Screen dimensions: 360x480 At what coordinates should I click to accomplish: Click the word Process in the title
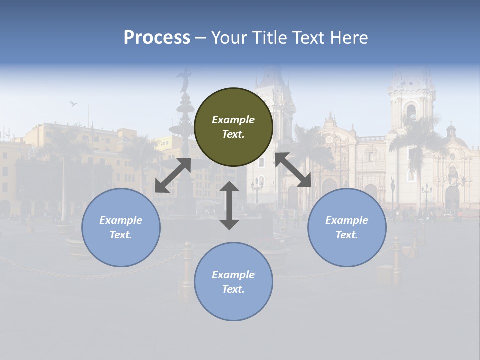click(157, 38)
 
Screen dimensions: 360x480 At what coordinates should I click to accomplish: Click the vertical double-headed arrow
click(229, 205)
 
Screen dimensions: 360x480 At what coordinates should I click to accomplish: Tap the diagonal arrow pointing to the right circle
click(293, 170)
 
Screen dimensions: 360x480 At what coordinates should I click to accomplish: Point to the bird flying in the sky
click(73, 103)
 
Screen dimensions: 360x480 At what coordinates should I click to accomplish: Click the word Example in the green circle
click(233, 120)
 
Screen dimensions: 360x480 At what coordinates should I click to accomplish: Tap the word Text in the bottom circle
click(233, 289)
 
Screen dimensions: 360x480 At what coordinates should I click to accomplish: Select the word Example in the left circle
click(121, 220)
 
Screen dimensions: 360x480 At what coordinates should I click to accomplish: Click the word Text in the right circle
click(347, 235)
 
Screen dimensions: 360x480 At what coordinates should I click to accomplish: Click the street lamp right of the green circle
click(257, 187)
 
